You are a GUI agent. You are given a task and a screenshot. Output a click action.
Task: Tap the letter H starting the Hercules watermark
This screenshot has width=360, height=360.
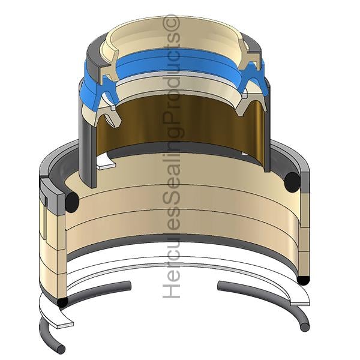click(171, 290)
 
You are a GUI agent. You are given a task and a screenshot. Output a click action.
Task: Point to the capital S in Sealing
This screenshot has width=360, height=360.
click(171, 197)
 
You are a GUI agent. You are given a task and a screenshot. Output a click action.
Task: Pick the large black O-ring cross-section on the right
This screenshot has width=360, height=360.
click(292, 182)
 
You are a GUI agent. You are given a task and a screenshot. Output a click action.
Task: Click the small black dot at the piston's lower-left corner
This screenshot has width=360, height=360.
click(62, 302)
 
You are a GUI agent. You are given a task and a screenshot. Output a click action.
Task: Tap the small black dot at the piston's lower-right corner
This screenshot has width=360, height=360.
click(304, 280)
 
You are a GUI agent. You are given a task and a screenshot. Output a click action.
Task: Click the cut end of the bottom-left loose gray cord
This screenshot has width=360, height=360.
click(61, 349)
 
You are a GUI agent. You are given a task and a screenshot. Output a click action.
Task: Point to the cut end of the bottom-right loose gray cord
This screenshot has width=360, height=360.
click(305, 327)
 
